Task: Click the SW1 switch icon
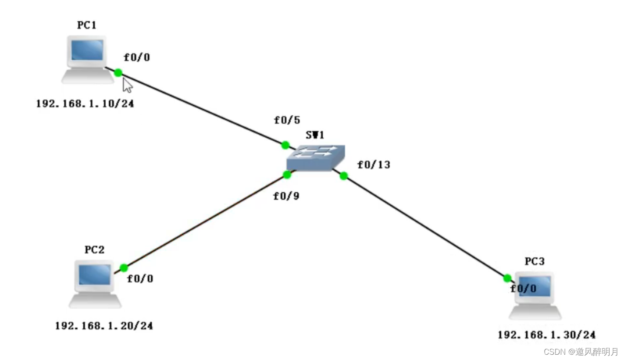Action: pos(316,158)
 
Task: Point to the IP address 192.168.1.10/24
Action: pos(85,104)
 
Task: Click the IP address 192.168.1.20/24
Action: pos(104,326)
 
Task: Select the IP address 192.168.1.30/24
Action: pos(546,335)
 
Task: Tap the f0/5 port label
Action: pos(287,120)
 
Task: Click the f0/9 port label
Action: pos(286,196)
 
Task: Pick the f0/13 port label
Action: pos(374,165)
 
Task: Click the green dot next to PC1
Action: pos(118,73)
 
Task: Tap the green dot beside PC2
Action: pos(124,268)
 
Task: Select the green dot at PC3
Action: pos(507,278)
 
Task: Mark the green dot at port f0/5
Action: pos(285,145)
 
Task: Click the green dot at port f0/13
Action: pos(344,176)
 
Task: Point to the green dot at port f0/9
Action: pos(287,175)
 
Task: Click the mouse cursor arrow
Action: pos(127,85)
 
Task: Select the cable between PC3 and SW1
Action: pos(425,227)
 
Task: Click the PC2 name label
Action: pos(94,250)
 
